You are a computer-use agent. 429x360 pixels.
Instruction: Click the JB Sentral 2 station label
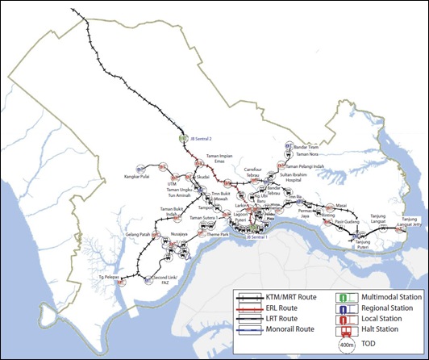204,139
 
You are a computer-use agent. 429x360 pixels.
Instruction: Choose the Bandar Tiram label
308,147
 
